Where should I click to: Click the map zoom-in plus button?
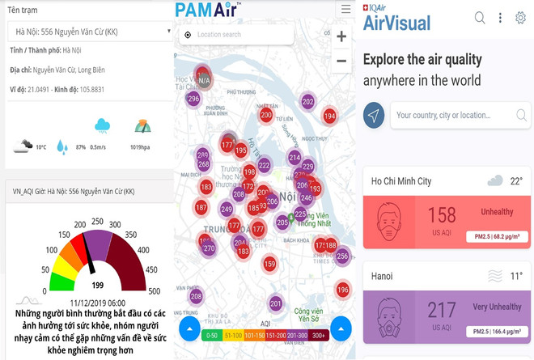[x=341, y=36]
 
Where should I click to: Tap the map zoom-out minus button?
[x=341, y=61]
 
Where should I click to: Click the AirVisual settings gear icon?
[x=520, y=18]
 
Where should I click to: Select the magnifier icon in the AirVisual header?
[x=480, y=18]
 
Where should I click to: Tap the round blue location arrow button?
[x=374, y=115]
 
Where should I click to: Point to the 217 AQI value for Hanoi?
[x=442, y=309]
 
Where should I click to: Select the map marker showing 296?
[x=193, y=99]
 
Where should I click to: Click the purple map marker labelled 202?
[x=307, y=101]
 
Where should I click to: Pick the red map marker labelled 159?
[x=269, y=264]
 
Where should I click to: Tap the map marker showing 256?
[x=342, y=256]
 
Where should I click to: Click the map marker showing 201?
[x=276, y=303]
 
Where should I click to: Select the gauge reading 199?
[x=98, y=285]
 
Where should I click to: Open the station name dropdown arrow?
[x=169, y=32]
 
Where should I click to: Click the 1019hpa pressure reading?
[x=139, y=147]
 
